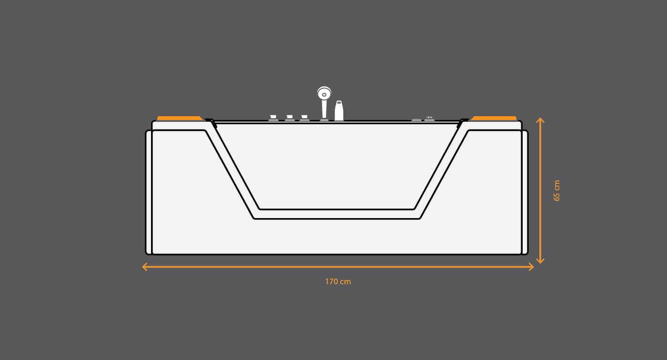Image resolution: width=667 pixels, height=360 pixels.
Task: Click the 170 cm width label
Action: [338, 281]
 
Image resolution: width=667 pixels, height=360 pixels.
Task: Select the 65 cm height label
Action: [556, 190]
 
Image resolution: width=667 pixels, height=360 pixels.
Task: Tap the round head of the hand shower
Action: [324, 93]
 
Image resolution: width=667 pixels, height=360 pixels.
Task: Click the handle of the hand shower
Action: [324, 109]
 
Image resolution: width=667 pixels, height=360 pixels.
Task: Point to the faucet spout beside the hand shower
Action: [339, 110]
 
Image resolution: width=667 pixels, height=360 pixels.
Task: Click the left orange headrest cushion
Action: [180, 119]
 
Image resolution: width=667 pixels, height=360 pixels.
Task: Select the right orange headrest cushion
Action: [494, 119]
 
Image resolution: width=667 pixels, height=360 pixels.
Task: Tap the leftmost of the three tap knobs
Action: [273, 118]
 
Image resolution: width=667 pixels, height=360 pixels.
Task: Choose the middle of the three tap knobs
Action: [290, 118]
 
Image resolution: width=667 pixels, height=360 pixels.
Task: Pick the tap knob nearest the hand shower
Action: [304, 118]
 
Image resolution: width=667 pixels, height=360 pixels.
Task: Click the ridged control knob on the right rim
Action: [429, 119]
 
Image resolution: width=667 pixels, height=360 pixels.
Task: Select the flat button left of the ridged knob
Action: [416, 120]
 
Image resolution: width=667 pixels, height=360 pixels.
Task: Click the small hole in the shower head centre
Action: [324, 95]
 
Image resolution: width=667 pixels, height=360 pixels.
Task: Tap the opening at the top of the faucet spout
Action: [339, 102]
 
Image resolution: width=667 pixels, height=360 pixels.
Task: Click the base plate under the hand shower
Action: [324, 120]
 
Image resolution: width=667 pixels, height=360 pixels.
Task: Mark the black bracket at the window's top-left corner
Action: [212, 122]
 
